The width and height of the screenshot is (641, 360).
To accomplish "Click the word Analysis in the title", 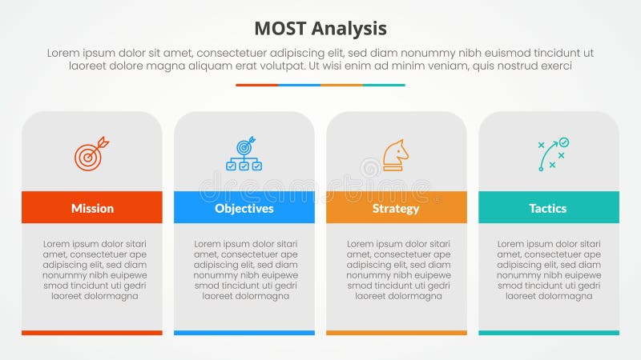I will [x=349, y=29].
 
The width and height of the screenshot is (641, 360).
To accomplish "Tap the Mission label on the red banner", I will [x=92, y=208].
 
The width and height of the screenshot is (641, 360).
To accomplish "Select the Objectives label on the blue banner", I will [x=244, y=208].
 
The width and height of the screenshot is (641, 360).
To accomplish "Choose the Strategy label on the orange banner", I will [x=396, y=208].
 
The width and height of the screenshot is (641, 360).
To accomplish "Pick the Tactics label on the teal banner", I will [x=548, y=208].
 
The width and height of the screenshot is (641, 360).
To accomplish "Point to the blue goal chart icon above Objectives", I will [x=244, y=154].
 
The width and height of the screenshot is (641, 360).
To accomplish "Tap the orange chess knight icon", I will [x=395, y=155].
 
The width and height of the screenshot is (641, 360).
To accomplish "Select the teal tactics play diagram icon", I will [x=552, y=154].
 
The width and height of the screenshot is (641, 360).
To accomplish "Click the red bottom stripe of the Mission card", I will [x=92, y=332].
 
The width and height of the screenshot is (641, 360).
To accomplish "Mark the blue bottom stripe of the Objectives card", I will [x=244, y=332].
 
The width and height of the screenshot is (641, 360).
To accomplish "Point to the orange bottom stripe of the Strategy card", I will [x=396, y=332].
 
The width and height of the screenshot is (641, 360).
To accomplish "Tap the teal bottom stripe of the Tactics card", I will [x=548, y=332].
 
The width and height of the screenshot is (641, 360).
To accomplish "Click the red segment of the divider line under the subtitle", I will [x=256, y=85].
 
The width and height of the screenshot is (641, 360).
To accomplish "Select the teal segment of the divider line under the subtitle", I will [x=384, y=85].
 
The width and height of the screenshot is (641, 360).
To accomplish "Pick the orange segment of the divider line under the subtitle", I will [x=341, y=85].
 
